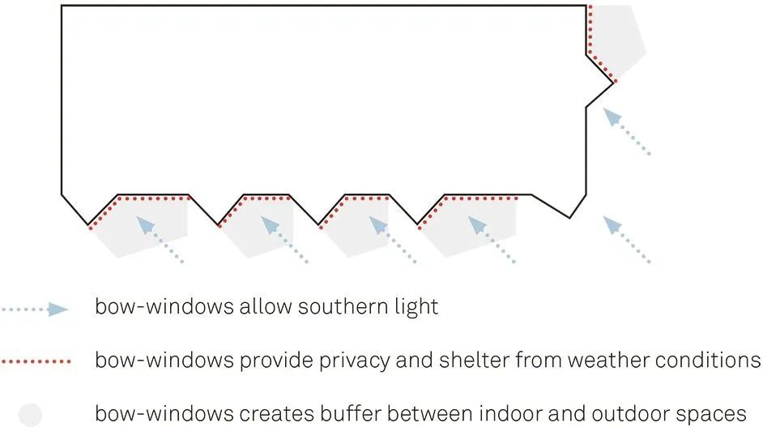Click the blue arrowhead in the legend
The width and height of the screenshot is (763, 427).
coord(58,310)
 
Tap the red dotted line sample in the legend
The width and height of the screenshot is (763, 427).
coord(36,361)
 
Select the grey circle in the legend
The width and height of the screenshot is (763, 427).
coord(30,415)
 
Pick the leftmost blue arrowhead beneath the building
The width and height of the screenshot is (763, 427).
coord(145,224)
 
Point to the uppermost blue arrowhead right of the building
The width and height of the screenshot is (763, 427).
coord(612,117)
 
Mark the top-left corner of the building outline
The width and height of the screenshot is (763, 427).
coord(62,6)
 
